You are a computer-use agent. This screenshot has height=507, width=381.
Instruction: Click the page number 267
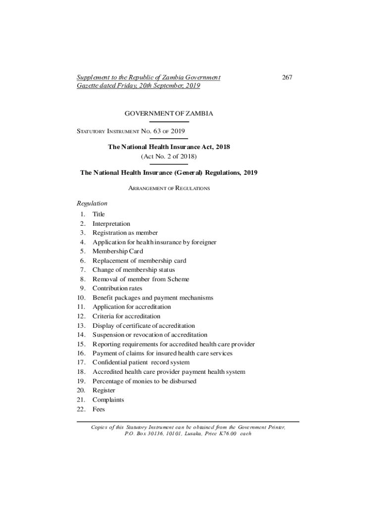point(287,77)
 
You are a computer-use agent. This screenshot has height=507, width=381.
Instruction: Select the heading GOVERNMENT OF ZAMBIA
point(169,113)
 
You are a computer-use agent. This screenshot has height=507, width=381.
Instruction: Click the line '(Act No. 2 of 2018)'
point(169,156)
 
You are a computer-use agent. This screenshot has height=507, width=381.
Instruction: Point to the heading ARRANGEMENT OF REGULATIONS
point(169,188)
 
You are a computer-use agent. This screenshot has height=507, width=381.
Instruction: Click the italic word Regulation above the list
point(92,203)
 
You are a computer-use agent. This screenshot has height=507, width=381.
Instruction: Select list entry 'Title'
point(99,214)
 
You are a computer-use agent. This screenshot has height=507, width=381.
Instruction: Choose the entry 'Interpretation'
point(111,224)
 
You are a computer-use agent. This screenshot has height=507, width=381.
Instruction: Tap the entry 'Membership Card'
point(118,252)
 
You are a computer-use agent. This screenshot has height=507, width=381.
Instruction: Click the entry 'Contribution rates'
point(117,288)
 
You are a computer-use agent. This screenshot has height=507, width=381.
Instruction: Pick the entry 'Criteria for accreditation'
point(126,316)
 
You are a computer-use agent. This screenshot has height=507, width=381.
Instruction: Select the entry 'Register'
point(104,391)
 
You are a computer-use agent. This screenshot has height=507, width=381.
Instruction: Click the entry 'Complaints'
point(108,400)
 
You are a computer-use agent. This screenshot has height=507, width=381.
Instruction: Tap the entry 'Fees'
point(99,409)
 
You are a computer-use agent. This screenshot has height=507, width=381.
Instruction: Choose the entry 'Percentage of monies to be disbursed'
point(144,381)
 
